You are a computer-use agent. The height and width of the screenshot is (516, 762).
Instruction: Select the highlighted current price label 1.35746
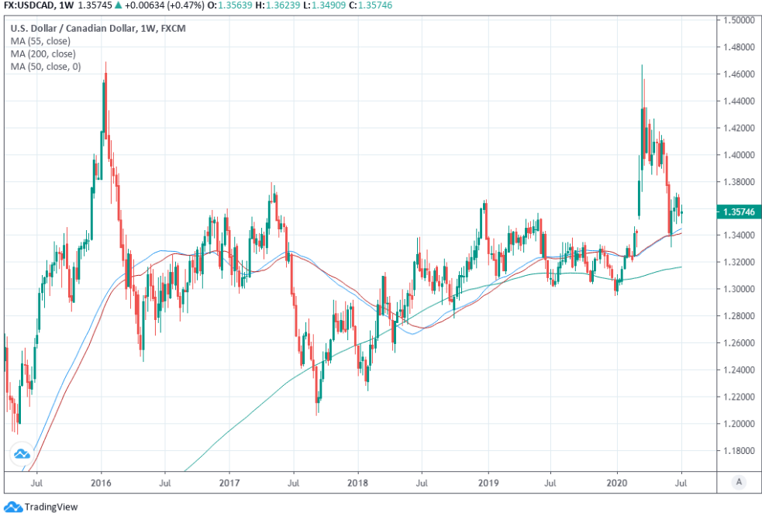point(738,212)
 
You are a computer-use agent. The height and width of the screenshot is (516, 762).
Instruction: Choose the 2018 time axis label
point(357,482)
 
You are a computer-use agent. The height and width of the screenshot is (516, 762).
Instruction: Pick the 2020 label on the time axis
point(617,482)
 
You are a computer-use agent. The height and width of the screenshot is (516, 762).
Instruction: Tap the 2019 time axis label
point(488,482)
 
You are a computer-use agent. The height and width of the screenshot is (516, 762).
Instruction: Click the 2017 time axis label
point(229,482)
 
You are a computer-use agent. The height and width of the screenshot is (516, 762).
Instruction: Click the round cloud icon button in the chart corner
point(22,454)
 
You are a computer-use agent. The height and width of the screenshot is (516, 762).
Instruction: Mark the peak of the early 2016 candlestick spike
point(105,63)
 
